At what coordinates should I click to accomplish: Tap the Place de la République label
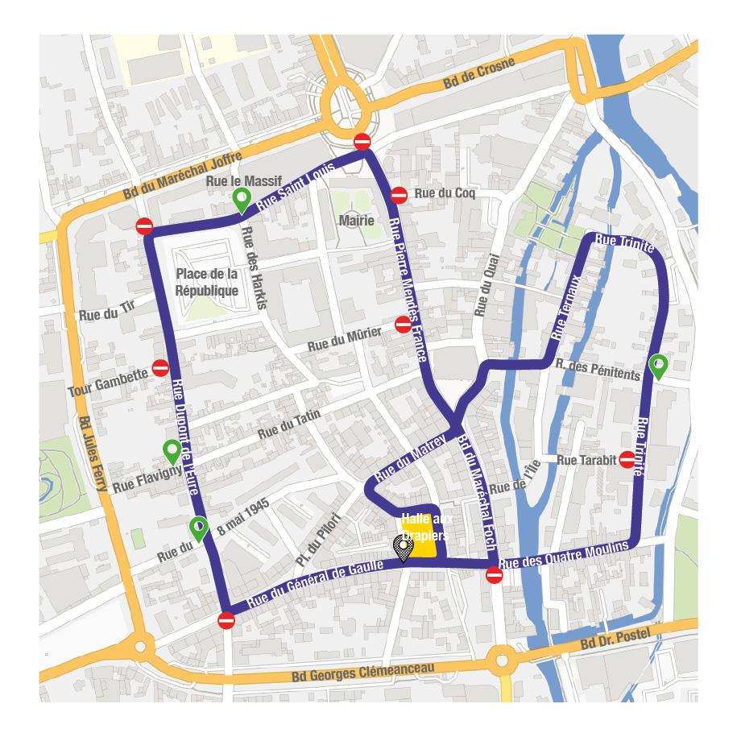[x=207, y=282]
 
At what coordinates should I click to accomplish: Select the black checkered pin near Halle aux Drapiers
[x=403, y=549]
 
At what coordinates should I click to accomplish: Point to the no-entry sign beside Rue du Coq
[x=399, y=194]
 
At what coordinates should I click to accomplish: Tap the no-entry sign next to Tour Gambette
[x=160, y=367]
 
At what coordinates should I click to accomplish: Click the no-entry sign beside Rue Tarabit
[x=627, y=460]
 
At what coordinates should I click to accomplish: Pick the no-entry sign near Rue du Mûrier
[x=403, y=325]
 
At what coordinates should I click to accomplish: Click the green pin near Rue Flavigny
[x=172, y=451]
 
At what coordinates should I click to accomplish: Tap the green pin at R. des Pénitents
[x=658, y=366]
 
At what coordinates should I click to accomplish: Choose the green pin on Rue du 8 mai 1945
[x=198, y=528]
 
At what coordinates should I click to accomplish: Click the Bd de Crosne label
[x=474, y=78]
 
